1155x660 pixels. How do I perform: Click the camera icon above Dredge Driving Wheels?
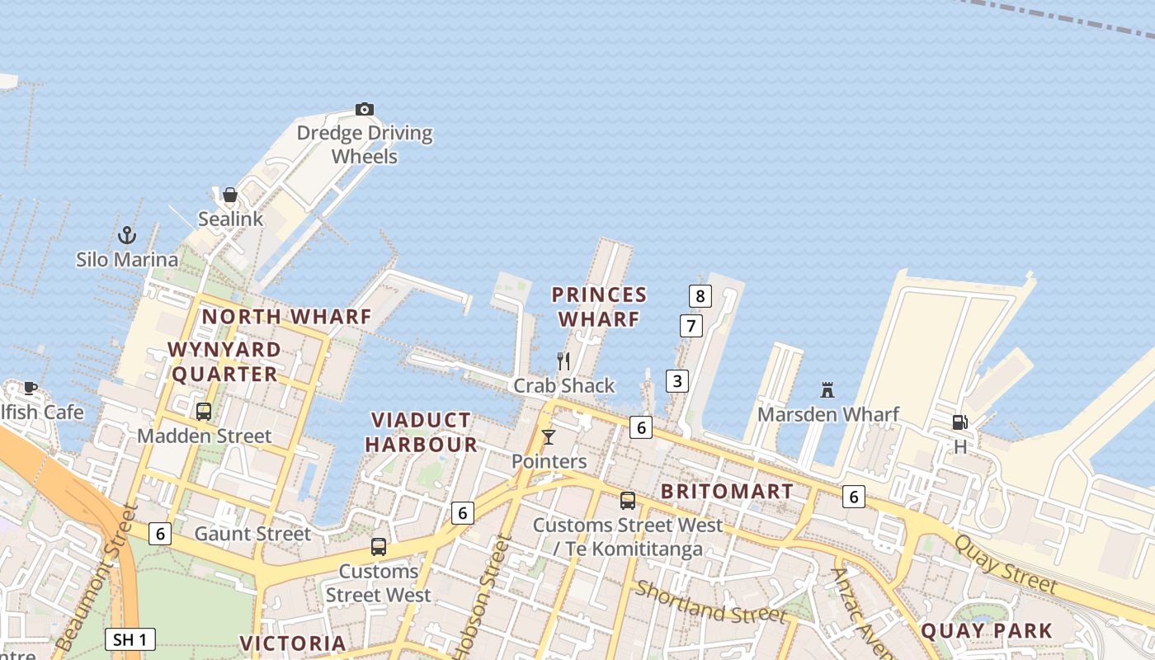[365, 109]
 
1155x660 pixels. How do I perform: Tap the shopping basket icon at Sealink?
[230, 196]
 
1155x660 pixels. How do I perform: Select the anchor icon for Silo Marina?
[126, 235]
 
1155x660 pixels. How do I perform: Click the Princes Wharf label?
[599, 307]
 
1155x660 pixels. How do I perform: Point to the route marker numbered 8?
[700, 296]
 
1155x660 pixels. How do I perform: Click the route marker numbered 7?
[691, 326]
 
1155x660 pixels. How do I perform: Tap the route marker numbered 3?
[677, 381]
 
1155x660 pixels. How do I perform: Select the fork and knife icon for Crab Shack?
[563, 361]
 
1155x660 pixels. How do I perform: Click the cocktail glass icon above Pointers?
[549, 437]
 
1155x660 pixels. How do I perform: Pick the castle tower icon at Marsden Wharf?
[827, 389]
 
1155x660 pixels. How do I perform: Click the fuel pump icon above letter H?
[959, 422]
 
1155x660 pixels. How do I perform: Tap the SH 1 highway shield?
[130, 639]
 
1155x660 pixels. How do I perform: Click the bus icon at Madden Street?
[203, 411]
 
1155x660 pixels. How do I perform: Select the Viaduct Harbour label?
[422, 432]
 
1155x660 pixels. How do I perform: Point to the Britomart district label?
[727, 492]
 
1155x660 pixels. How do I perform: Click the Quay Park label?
[986, 631]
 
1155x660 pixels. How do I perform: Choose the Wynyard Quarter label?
[224, 362]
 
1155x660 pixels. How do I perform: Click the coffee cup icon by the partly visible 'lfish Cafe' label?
[31, 387]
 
